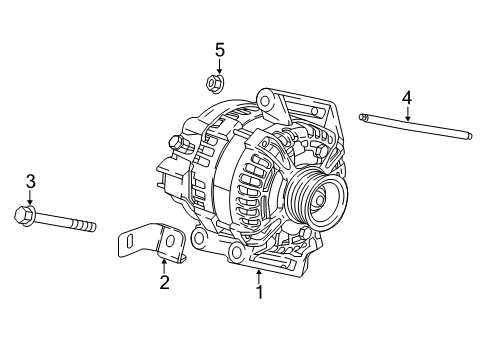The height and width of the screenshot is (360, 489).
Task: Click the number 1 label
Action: coord(259,293)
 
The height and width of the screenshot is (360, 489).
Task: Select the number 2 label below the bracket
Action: coord(164,282)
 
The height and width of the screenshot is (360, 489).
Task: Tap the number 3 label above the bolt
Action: coord(30,181)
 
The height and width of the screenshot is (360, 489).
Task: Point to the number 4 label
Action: coord(407,97)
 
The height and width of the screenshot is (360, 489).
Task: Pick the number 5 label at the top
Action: coord(219,49)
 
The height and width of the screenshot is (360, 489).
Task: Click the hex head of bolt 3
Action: coord(25,213)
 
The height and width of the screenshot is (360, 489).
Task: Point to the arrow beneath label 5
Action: coord(218,65)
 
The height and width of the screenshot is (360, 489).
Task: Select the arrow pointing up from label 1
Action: coord(259,275)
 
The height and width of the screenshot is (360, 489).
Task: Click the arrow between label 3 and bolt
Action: coord(30,197)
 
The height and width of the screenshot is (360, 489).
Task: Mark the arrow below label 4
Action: coord(407,112)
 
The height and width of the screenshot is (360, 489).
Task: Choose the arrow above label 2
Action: coord(164,264)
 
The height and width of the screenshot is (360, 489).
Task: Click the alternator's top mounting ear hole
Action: coord(265,98)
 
